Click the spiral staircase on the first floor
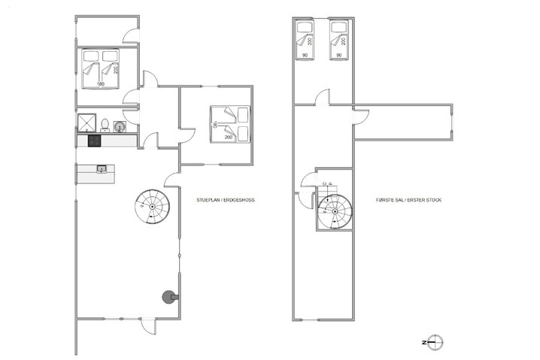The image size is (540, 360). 332,207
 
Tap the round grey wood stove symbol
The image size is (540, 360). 166,297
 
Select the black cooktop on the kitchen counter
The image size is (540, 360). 96,140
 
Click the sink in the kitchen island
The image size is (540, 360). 101,170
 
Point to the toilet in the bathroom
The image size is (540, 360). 107,123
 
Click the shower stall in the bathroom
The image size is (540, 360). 84,122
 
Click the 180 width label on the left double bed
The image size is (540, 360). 100,84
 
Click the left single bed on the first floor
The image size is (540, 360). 305,42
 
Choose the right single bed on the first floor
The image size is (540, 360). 339,42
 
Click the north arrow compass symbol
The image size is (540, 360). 432,342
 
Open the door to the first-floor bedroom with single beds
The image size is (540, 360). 323,98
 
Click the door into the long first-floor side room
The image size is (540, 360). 362,117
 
